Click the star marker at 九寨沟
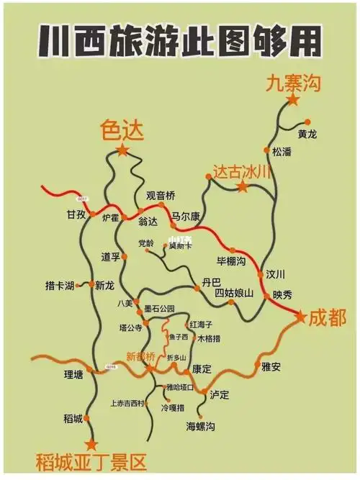(293, 101)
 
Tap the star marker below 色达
(123, 150)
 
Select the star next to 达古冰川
(243, 187)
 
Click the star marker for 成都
(300, 316)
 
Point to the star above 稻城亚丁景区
(91, 444)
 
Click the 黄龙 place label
(307, 135)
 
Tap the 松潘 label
(283, 152)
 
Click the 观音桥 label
(161, 196)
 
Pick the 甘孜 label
(76, 215)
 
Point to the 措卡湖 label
(60, 286)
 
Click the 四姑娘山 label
(234, 293)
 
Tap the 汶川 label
(276, 274)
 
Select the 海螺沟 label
(201, 426)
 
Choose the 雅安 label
(271, 366)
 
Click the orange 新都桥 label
(140, 356)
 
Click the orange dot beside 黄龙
(307, 122)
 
